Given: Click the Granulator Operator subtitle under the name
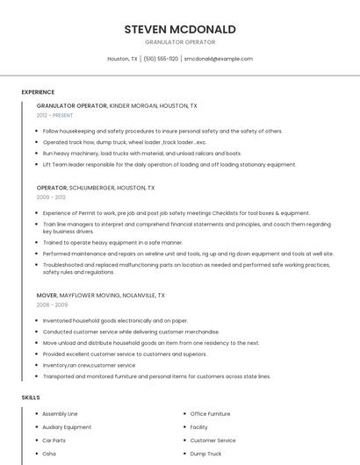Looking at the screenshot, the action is pos(180,41).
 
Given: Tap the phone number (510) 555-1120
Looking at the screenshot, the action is pos(161,59).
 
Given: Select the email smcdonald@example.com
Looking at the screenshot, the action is pos(218,59).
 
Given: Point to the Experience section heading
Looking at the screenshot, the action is pos(38,92).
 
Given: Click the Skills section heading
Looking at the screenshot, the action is pos(31,397).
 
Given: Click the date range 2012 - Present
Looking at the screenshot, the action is pos(54,115).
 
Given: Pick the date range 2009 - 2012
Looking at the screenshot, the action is pos(52,197).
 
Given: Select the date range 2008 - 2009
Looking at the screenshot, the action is pos(52,305).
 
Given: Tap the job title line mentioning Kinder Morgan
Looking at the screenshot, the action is pos(117,105).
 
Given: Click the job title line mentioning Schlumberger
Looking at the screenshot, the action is pos(96,188).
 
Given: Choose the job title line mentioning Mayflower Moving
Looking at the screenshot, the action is pos(100,296).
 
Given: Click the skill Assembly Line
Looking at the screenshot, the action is pos(60,413).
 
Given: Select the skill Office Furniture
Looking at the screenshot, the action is pos(210,413).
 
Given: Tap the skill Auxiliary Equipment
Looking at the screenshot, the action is pos(67,426).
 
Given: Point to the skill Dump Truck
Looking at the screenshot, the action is pos(205,454).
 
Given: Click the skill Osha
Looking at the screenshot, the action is pos(49,454).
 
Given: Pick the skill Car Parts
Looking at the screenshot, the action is pos(54,440).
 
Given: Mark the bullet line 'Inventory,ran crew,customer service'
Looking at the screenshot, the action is pos(89,365).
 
